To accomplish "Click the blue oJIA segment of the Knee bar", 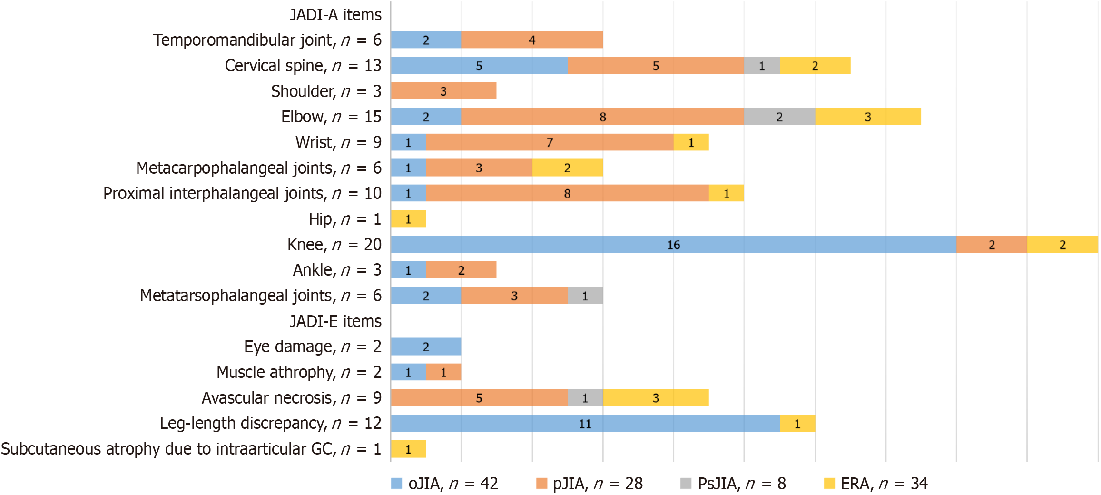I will (x=673, y=245).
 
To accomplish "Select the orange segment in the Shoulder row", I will (x=443, y=91).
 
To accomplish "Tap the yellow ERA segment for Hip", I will (x=408, y=219).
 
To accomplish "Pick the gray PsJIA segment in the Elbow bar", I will (x=779, y=117).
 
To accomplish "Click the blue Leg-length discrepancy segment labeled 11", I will (x=585, y=424).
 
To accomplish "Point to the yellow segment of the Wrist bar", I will (x=691, y=142).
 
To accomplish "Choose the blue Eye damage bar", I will (x=426, y=346).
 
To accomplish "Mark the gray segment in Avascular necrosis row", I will (x=585, y=398).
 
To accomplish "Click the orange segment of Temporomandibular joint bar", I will (x=532, y=40).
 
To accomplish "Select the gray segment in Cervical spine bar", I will (x=762, y=66).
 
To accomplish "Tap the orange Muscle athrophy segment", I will (x=443, y=372).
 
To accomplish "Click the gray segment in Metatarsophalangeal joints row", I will (x=585, y=296).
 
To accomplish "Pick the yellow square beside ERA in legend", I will (x=829, y=484).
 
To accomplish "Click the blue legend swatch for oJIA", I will (x=396, y=484).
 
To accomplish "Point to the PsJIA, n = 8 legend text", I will (x=742, y=484).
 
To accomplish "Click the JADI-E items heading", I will (x=335, y=321).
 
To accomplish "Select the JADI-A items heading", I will (x=335, y=15).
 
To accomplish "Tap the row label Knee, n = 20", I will (x=334, y=245).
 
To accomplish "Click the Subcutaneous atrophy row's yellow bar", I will (x=408, y=449).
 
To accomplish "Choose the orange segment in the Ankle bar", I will (x=461, y=270).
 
